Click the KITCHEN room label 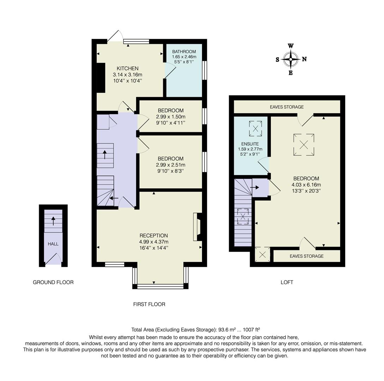pyautogui.click(x=127, y=68)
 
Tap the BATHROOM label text pyautogui.click(x=184, y=52)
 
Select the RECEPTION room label pyautogui.click(x=153, y=236)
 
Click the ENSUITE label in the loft pyautogui.click(x=250, y=144)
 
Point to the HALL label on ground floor pyautogui.click(x=53, y=244)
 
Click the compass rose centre pyautogui.click(x=291, y=59)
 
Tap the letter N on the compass pyautogui.click(x=304, y=59)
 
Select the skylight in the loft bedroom pyautogui.click(x=304, y=144)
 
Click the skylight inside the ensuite pyautogui.click(x=255, y=128)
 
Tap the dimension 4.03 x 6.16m pyautogui.click(x=306, y=185)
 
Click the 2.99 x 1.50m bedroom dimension pyautogui.click(x=171, y=117)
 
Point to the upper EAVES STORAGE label pyautogui.click(x=287, y=107)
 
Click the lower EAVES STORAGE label pyautogui.click(x=306, y=256)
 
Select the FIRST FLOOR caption pyautogui.click(x=149, y=304)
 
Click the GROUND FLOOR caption pyautogui.click(x=53, y=282)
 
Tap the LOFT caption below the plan pyautogui.click(x=287, y=282)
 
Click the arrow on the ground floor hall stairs pyautogui.click(x=53, y=221)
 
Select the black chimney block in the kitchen pyautogui.click(x=101, y=78)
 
